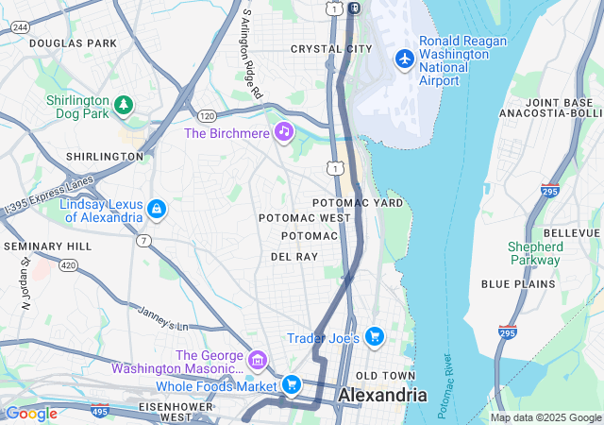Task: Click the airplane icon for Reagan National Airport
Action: (405, 59)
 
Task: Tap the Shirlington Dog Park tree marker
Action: (122, 103)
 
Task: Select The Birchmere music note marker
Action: (283, 132)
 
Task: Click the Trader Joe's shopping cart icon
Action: (375, 337)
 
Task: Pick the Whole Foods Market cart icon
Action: (292, 384)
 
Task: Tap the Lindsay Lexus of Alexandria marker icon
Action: (157, 209)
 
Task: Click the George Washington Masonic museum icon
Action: (257, 360)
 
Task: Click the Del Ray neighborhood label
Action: (294, 256)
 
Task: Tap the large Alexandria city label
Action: (382, 395)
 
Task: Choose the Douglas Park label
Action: (73, 43)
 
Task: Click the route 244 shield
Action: (19, 28)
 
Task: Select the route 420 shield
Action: (68, 265)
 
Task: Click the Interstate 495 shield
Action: (99, 412)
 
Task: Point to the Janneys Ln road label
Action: (162, 318)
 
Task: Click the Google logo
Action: (31, 413)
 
